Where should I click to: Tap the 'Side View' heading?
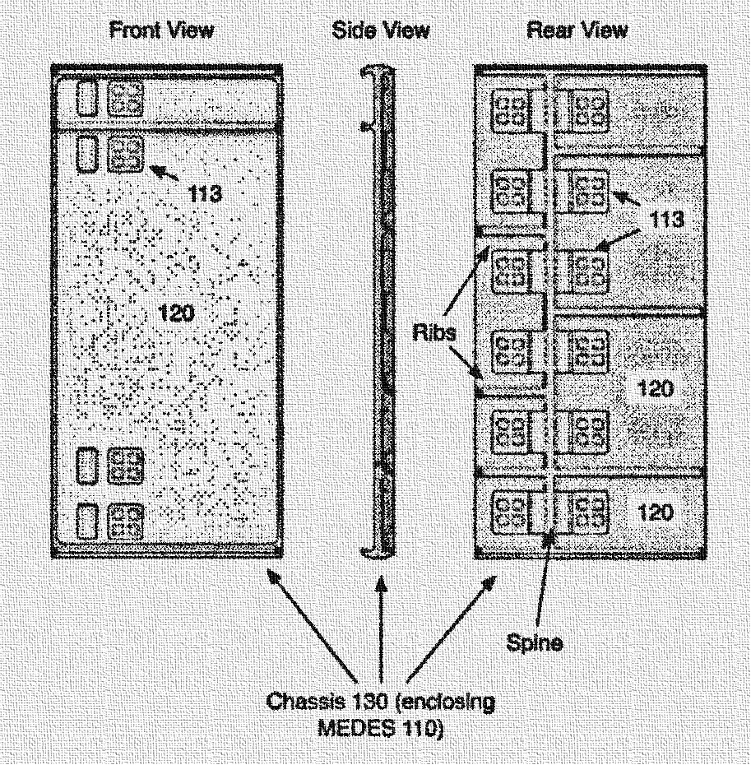(380, 30)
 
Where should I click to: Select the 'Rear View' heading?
(577, 30)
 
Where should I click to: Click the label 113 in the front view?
(204, 194)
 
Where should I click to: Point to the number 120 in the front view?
(175, 313)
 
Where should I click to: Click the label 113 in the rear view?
(665, 219)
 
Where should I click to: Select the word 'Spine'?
(535, 643)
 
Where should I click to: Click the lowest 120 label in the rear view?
(655, 512)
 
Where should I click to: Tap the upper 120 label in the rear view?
(655, 387)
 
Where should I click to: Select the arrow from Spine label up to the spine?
(543, 584)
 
